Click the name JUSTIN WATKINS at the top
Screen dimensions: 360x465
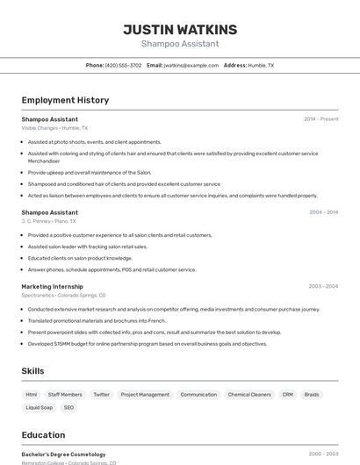[180, 30]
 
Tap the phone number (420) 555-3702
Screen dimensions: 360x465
[123, 65]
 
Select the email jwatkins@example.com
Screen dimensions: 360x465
[191, 65]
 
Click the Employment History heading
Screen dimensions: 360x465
[65, 100]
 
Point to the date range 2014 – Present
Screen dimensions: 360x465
[320, 119]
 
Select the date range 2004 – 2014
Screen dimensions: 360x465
[323, 212]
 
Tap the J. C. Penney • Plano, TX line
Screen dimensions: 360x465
[49, 221]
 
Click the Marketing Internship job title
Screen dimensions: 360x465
[52, 286]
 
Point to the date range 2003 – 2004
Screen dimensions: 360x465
[323, 286]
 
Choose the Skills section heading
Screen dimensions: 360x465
[33, 371]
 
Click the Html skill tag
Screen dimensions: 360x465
[32, 395]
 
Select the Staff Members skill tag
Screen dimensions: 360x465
[65, 395]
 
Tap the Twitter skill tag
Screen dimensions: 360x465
[101, 395]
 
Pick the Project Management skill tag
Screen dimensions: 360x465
[145, 395]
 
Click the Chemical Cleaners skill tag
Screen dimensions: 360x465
[249, 395]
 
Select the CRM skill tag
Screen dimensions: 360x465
[287, 395]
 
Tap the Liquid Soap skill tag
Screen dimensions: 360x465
[39, 408]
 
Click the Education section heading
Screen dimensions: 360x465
[43, 435]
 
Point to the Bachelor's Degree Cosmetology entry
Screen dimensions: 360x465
[63, 454]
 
